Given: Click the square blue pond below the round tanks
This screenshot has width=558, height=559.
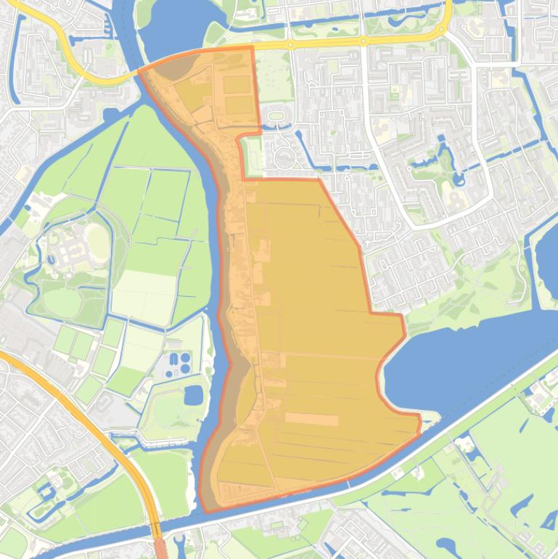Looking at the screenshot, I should click(x=193, y=395).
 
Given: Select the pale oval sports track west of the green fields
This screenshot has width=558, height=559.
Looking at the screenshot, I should click(x=95, y=236).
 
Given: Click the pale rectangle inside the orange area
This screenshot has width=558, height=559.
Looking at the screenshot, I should click(x=311, y=419).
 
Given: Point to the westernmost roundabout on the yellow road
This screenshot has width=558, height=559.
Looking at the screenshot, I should click(x=290, y=45).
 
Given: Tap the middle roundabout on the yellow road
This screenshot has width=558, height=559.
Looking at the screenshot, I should click(x=364, y=41).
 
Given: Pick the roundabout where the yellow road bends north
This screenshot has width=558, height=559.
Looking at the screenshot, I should click(x=440, y=28).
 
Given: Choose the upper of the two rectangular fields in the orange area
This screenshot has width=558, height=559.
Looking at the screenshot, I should click(x=237, y=85).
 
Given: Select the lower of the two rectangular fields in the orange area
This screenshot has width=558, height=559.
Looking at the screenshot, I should click(x=237, y=106).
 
